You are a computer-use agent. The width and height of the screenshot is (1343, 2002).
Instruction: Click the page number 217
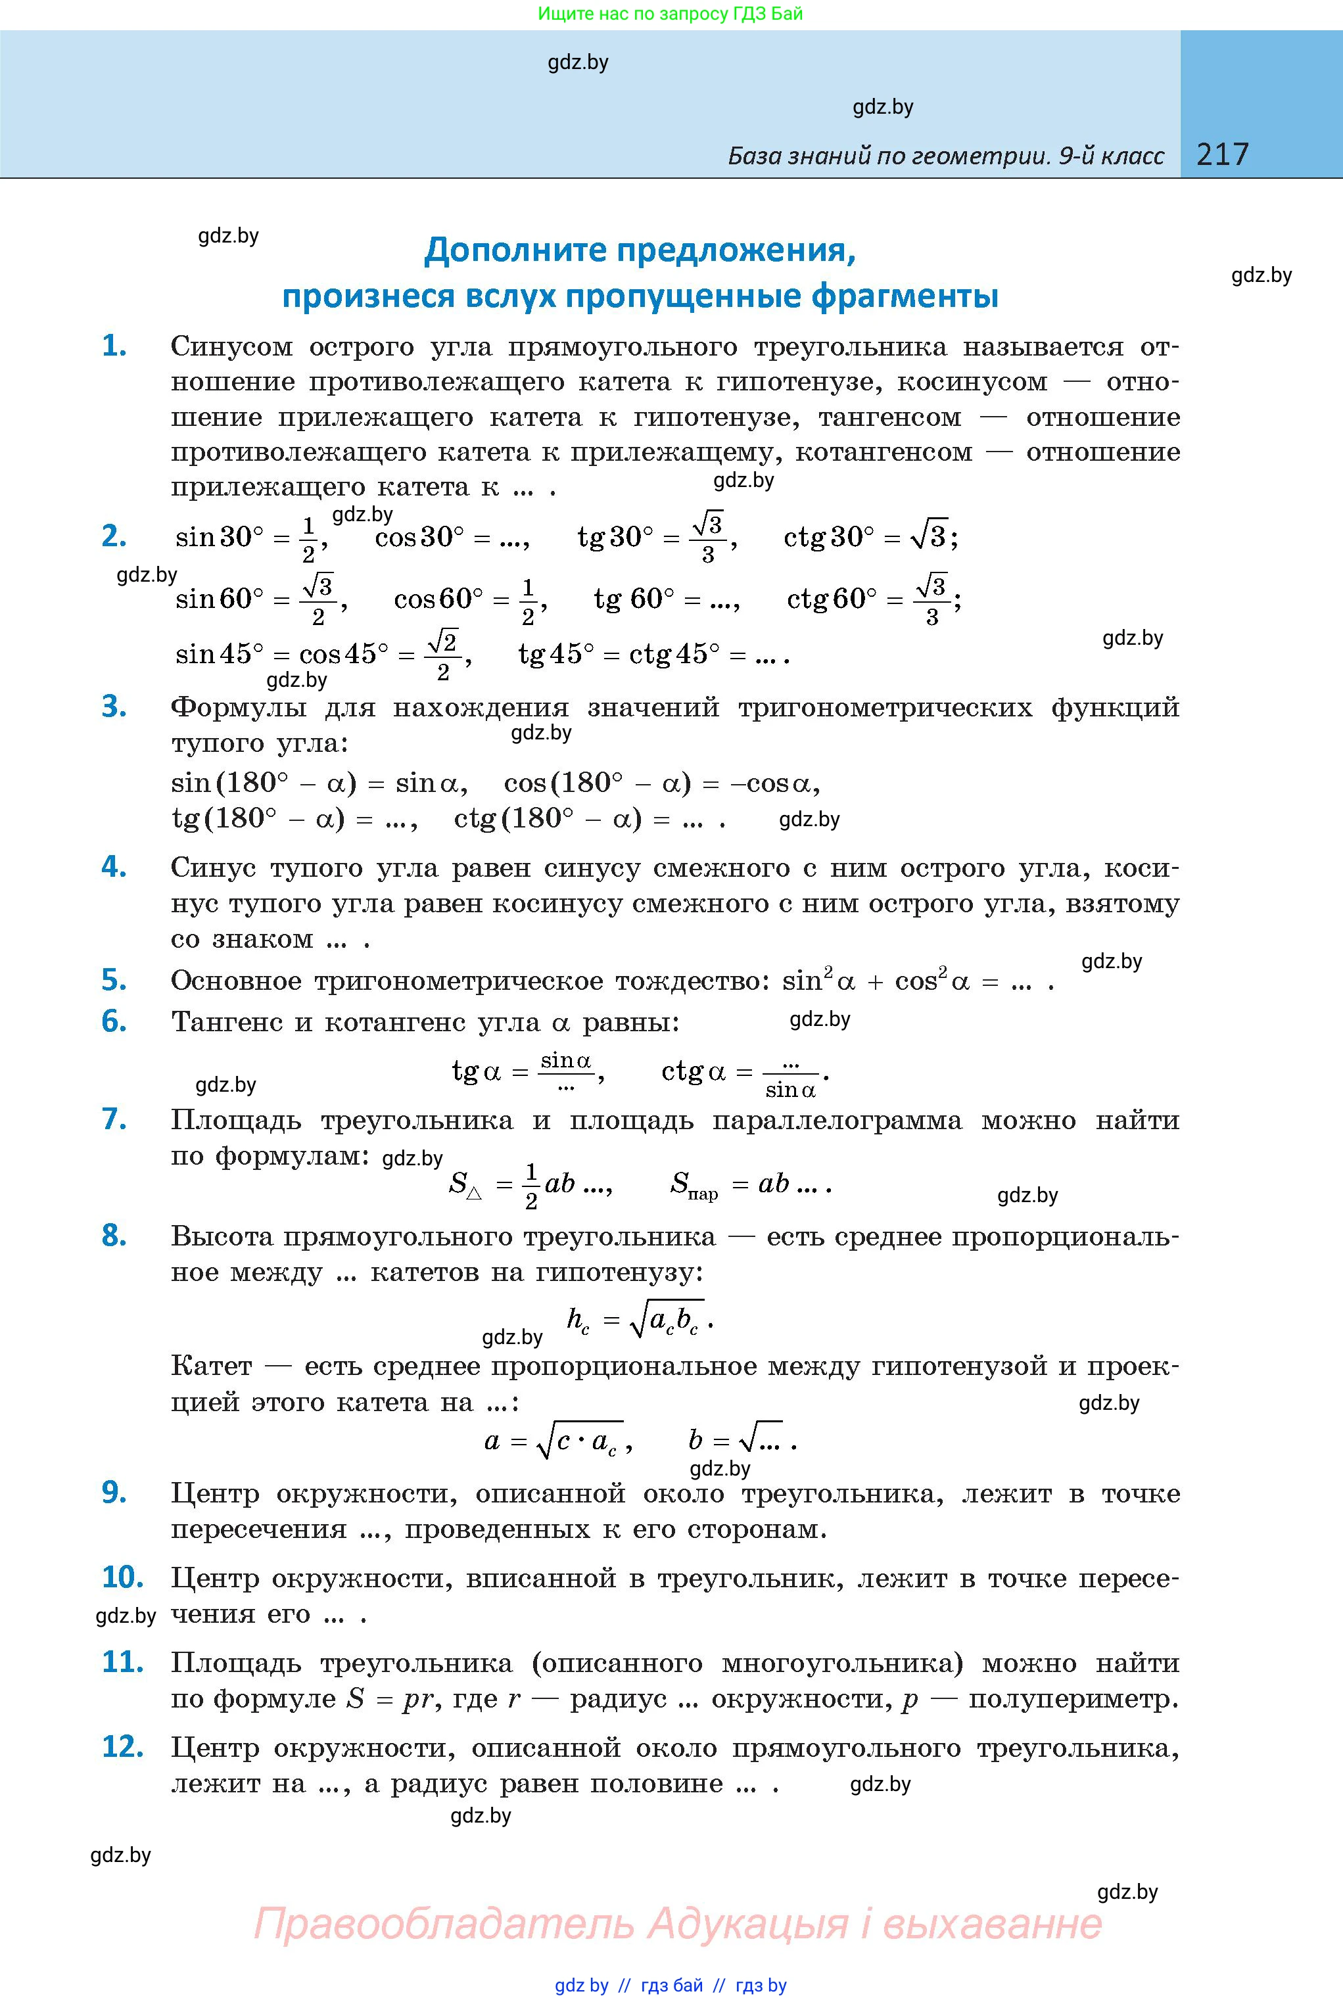1222,154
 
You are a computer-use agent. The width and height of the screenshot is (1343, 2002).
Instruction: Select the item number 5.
114,979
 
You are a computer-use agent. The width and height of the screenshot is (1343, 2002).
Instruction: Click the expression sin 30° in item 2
218,537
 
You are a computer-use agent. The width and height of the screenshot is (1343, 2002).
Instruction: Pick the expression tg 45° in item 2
556,654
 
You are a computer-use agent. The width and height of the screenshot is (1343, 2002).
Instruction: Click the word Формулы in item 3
238,708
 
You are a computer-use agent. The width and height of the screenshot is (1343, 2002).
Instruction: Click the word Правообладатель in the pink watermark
444,1923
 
